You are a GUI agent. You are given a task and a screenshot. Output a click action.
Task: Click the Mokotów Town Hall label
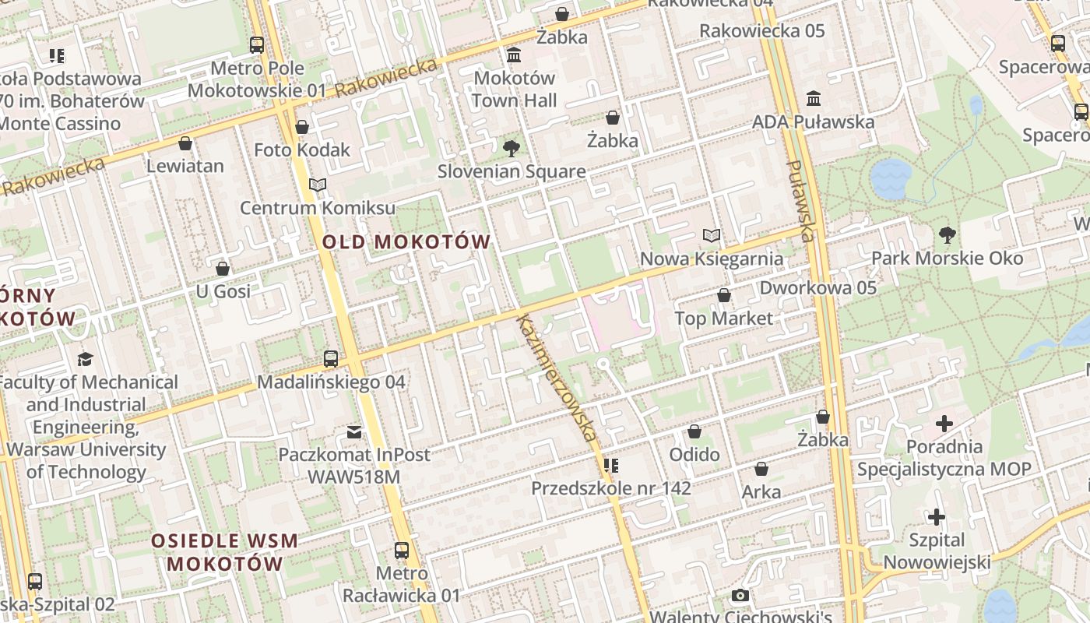[x=514, y=89]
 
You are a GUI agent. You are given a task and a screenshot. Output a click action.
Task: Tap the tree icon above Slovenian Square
[x=512, y=148]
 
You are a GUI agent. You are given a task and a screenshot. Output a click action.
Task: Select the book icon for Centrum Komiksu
[x=317, y=185]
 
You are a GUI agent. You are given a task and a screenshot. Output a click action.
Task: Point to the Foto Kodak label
[x=302, y=150]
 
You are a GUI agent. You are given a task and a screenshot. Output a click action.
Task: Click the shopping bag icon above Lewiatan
[x=185, y=143]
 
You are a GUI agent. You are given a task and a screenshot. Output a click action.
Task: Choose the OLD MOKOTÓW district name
[x=406, y=242]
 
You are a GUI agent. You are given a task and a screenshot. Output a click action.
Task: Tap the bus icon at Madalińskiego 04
[x=331, y=359]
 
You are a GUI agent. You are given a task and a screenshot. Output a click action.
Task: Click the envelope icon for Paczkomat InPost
[x=354, y=431]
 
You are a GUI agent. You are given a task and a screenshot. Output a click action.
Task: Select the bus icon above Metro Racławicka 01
[x=402, y=551]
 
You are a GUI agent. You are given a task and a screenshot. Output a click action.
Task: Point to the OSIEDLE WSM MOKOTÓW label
[x=224, y=552]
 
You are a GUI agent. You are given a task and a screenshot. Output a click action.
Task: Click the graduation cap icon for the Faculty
[x=85, y=359]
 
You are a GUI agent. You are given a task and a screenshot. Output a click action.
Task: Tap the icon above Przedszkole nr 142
[x=611, y=466]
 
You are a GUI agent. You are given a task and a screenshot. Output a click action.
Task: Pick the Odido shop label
[x=694, y=454]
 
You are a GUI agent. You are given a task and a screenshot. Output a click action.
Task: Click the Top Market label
[x=724, y=318]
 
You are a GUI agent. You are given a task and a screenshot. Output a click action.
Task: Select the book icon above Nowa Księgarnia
[x=711, y=235]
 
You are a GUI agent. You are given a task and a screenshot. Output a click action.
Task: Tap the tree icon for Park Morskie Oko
[x=948, y=234]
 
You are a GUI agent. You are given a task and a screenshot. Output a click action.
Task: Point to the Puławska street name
[x=800, y=201]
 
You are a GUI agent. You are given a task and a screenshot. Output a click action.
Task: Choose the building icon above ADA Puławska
[x=814, y=99]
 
